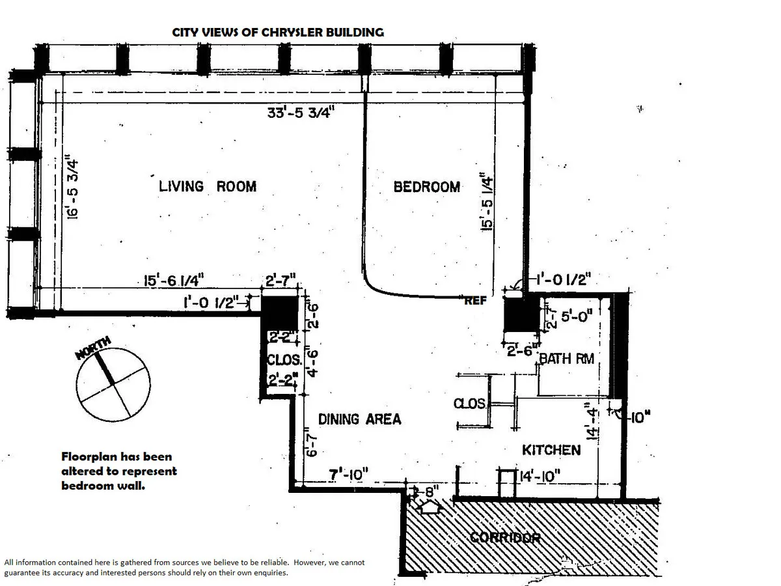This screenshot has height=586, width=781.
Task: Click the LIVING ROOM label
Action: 208,187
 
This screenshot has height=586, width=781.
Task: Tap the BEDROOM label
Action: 427,187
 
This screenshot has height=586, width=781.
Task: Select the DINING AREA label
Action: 359,419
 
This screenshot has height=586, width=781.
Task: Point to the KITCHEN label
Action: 551,450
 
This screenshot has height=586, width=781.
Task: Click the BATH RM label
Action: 566,358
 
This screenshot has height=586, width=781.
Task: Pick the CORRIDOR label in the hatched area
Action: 505,538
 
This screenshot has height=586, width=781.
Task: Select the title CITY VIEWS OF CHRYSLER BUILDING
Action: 277,32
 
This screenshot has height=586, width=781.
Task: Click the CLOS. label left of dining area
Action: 284,360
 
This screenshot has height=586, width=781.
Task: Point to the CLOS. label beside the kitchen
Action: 469,404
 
